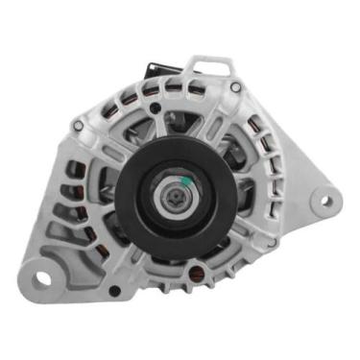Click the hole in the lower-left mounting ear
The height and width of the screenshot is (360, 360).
pyautogui.click(x=42, y=280)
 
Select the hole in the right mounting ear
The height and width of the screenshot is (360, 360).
pyautogui.click(x=324, y=201)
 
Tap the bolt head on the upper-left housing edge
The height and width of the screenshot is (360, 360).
pyautogui.click(x=78, y=125)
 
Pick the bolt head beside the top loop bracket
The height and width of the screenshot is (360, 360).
pyautogui.click(x=235, y=87)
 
